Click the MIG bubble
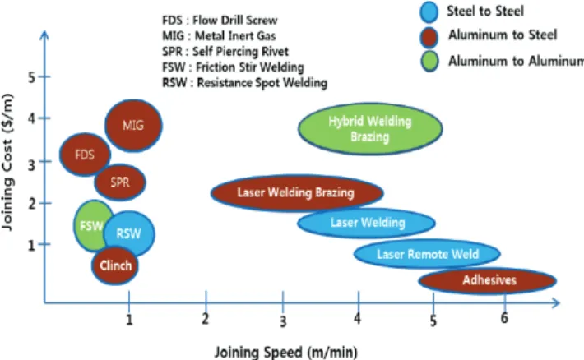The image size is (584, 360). click(133, 125)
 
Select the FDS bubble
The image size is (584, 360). click(85, 155)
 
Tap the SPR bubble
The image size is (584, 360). click(120, 182)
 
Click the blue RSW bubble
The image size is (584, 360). click(129, 233)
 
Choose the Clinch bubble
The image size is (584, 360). click(115, 265)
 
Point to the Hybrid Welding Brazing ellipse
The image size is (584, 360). click(370, 128)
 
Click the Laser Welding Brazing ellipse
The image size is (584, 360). click(297, 193)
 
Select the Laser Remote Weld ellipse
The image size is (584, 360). click(427, 254)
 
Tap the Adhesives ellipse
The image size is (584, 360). click(488, 280)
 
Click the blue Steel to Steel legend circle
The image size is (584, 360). click(429, 12)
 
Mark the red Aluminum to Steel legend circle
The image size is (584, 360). click(429, 37)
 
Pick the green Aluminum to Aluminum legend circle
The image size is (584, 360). click(429, 61)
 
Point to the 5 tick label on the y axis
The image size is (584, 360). click(31, 77)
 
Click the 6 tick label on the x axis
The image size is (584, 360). click(504, 317)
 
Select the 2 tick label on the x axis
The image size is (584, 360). click(205, 319)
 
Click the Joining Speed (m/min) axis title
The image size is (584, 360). click(285, 352)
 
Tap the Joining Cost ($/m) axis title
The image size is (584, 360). click(8, 162)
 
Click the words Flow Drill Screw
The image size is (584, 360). click(234, 20)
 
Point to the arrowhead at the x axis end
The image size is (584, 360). click(556, 302)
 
